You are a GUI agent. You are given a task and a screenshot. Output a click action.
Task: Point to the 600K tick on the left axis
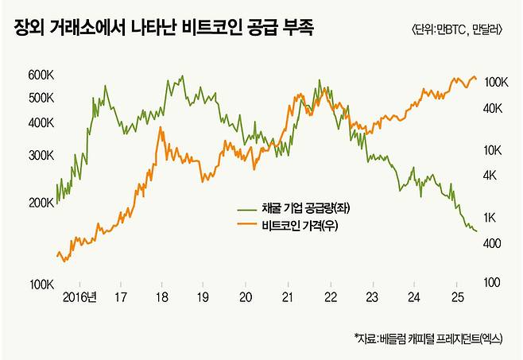40,75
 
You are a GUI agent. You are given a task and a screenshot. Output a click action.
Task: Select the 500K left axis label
40,98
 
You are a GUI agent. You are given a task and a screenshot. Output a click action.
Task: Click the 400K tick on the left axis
40,124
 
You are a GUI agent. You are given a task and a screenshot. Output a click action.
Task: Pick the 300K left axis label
40,157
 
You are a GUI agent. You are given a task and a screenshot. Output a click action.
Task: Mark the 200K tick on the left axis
40,203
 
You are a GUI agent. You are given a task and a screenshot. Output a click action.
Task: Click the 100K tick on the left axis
40,284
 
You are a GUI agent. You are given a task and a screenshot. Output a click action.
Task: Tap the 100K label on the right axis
495,82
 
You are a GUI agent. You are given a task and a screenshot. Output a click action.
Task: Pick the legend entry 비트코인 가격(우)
303,226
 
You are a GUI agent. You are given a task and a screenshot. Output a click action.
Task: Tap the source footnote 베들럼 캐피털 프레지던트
428,338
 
